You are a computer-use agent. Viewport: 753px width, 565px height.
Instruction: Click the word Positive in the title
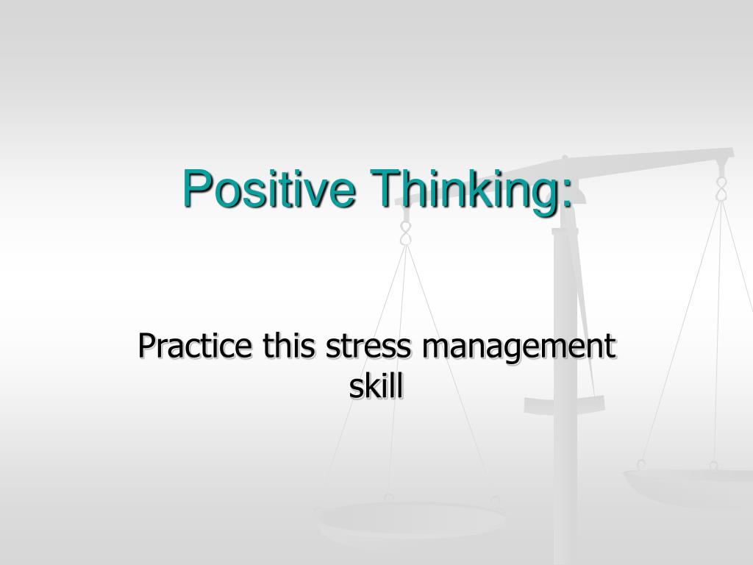click(x=270, y=188)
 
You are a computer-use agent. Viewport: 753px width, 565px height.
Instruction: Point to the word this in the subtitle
click(x=284, y=346)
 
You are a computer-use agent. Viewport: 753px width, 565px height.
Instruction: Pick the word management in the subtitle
click(x=518, y=347)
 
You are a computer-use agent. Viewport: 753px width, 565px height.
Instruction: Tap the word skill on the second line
click(x=376, y=386)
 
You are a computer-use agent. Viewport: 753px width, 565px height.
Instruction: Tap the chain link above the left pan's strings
click(x=405, y=234)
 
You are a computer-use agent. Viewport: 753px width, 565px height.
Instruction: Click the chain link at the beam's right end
click(x=721, y=187)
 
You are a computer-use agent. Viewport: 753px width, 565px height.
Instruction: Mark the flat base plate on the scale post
click(x=564, y=404)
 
